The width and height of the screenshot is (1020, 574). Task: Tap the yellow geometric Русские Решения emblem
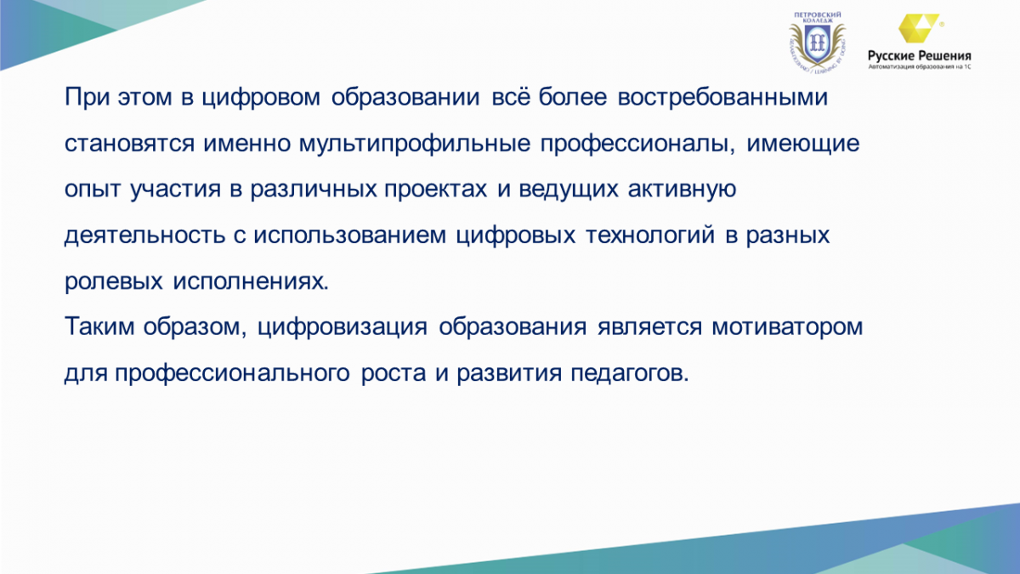[x=919, y=28]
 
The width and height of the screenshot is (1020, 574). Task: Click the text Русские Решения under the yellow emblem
[x=920, y=56]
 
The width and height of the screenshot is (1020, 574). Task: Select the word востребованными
[x=722, y=98]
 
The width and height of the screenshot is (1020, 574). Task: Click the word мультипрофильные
[x=415, y=145]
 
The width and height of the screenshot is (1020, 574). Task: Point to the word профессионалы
[x=637, y=145]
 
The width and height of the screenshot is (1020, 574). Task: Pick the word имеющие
[x=802, y=145]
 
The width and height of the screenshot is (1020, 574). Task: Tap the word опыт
[x=93, y=190]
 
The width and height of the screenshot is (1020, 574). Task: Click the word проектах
[x=435, y=190]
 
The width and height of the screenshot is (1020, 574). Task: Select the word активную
[x=682, y=190]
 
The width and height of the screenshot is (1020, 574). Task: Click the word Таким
[x=99, y=327]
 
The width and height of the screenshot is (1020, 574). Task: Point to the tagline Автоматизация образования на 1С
[x=920, y=67]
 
